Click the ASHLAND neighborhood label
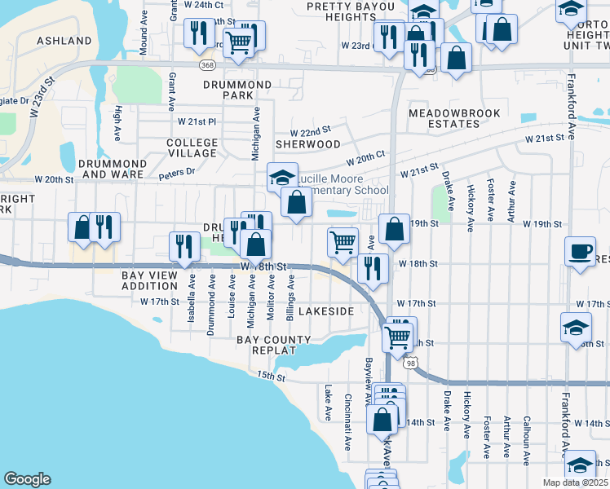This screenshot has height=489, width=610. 64,41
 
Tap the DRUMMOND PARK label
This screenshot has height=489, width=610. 237,90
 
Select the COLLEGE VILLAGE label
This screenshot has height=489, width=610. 192,148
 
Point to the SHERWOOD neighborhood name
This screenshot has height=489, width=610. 307,144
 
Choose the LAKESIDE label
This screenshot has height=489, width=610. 326,312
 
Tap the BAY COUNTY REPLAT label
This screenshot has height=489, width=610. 274,345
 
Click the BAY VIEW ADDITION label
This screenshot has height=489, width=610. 149,283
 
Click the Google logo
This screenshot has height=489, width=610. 27,479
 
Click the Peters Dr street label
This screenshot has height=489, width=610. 177,172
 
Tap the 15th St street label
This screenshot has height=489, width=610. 269,376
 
